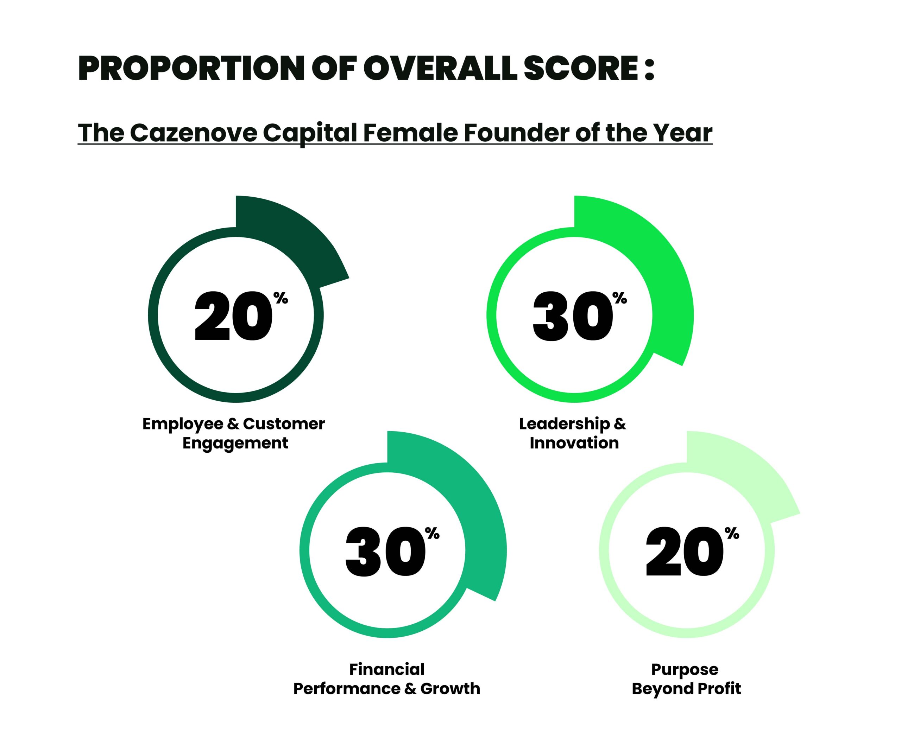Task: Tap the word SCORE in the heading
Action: (580, 69)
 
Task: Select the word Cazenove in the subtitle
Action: (194, 133)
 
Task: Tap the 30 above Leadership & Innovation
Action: (573, 316)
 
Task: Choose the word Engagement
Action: (235, 444)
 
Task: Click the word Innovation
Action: (574, 443)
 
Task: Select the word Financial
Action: (387, 670)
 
